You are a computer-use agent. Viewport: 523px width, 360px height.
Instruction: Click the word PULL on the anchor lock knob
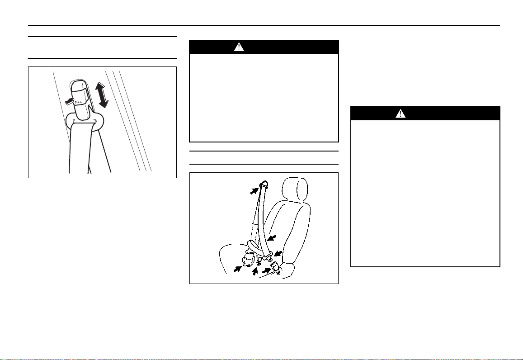coord(78,102)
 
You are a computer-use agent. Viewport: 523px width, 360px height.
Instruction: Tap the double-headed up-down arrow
coord(101,95)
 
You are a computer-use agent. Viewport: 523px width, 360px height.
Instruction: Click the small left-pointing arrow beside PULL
coord(69,101)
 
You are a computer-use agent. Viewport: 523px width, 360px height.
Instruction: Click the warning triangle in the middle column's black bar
coord(239,47)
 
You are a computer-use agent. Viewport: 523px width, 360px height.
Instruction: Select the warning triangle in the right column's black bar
coord(400,114)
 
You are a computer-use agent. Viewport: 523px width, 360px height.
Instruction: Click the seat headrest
coord(295,189)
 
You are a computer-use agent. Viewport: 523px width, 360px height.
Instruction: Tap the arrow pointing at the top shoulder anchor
coord(254,190)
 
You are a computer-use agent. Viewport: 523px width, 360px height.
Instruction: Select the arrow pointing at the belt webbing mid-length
coord(272,238)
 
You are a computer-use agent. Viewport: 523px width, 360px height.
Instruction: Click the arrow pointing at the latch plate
coord(278,253)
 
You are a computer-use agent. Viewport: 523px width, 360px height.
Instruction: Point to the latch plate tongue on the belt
coord(268,256)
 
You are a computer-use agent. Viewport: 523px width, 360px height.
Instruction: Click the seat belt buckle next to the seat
coord(277,267)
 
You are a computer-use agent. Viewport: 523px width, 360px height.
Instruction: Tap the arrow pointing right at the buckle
coord(267,270)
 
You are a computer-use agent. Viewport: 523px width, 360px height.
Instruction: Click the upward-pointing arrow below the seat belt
coord(255,270)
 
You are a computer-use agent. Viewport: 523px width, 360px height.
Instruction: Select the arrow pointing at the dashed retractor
coord(237,268)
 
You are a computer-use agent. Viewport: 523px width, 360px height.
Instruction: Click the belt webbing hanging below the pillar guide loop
coord(80,147)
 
